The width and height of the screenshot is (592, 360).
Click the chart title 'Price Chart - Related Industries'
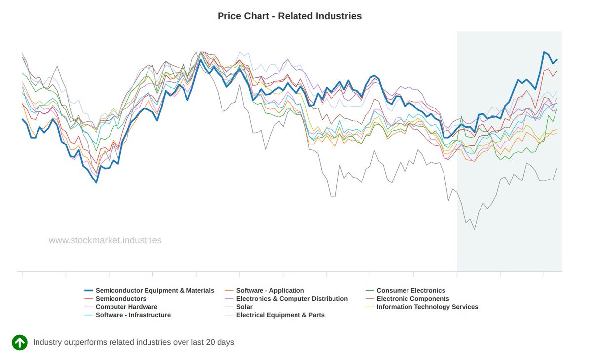[x=290, y=16]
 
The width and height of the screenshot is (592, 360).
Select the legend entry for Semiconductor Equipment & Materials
[x=154, y=291]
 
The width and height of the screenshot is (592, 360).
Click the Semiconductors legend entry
[x=121, y=299]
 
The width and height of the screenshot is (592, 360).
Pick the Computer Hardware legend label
[x=126, y=307]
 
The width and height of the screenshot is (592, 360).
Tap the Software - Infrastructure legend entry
[x=133, y=315]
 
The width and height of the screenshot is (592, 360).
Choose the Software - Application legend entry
[x=270, y=291]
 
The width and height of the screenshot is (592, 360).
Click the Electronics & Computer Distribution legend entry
[x=292, y=299]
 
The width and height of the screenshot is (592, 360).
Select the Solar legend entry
[x=244, y=307]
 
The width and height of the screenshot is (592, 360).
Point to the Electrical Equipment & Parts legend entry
[x=280, y=315]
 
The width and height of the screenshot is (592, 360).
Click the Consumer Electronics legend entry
[x=410, y=291]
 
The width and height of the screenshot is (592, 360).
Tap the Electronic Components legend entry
[x=412, y=299]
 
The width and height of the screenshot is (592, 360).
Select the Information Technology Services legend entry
[x=427, y=307]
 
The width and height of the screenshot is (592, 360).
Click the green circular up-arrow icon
[x=20, y=342]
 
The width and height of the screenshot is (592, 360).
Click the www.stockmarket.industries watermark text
[x=105, y=241]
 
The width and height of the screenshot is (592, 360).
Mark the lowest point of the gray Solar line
[x=475, y=229]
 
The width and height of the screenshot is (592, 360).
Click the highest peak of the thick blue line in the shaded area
[x=544, y=52]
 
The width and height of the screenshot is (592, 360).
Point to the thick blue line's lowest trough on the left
[x=96, y=183]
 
